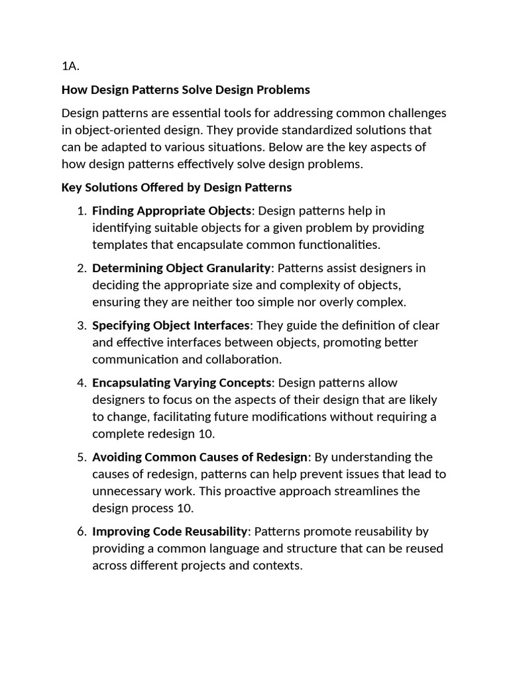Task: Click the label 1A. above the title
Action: pyautogui.click(x=70, y=66)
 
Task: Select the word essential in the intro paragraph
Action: pyautogui.click(x=187, y=113)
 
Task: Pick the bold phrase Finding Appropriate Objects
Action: pyautogui.click(x=172, y=211)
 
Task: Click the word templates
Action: pyautogui.click(x=119, y=245)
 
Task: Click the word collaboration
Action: pyautogui.click(x=239, y=360)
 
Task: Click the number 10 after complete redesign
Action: pyautogui.click(x=207, y=434)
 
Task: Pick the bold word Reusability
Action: pyautogui.click(x=217, y=531)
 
